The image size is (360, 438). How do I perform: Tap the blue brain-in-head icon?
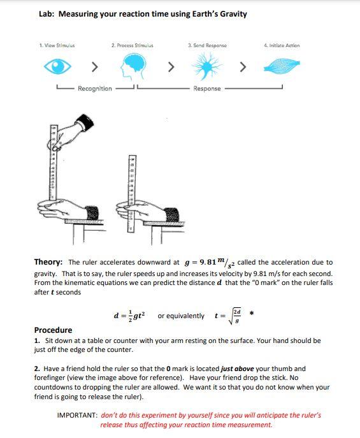click(x=132, y=65)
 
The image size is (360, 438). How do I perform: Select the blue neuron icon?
click(x=207, y=66)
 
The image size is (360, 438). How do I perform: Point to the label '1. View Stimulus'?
click(x=57, y=45)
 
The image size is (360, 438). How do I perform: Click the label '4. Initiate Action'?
click(x=281, y=45)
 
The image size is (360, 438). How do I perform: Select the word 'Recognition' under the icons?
click(x=95, y=89)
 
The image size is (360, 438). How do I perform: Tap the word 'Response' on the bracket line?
click(x=207, y=89)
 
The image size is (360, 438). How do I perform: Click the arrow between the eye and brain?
click(x=94, y=66)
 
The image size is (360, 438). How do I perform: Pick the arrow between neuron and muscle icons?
click(x=243, y=66)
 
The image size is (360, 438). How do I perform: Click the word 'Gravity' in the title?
click(x=233, y=14)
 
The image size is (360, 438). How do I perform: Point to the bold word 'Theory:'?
click(x=48, y=262)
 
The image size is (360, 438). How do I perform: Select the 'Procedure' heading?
click(x=53, y=330)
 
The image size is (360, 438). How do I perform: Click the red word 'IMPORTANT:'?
click(x=77, y=415)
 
